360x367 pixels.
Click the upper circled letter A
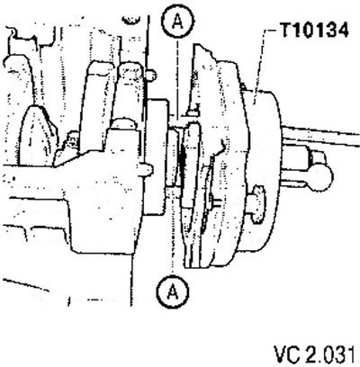pos(178,22)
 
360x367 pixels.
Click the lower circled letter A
pos(173,291)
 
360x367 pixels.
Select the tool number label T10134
pos(314,30)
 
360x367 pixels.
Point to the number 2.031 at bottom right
pos(329,354)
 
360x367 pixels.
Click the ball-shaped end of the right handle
pos(322,177)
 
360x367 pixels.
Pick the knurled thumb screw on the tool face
pos(257,204)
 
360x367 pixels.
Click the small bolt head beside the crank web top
pos(151,76)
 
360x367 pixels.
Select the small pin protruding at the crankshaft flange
pos(148,168)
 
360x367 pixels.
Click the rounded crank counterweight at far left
pos(37,135)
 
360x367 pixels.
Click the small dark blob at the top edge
pos(131,20)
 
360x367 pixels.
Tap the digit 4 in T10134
pos(343,30)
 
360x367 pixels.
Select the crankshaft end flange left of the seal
pos(156,157)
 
